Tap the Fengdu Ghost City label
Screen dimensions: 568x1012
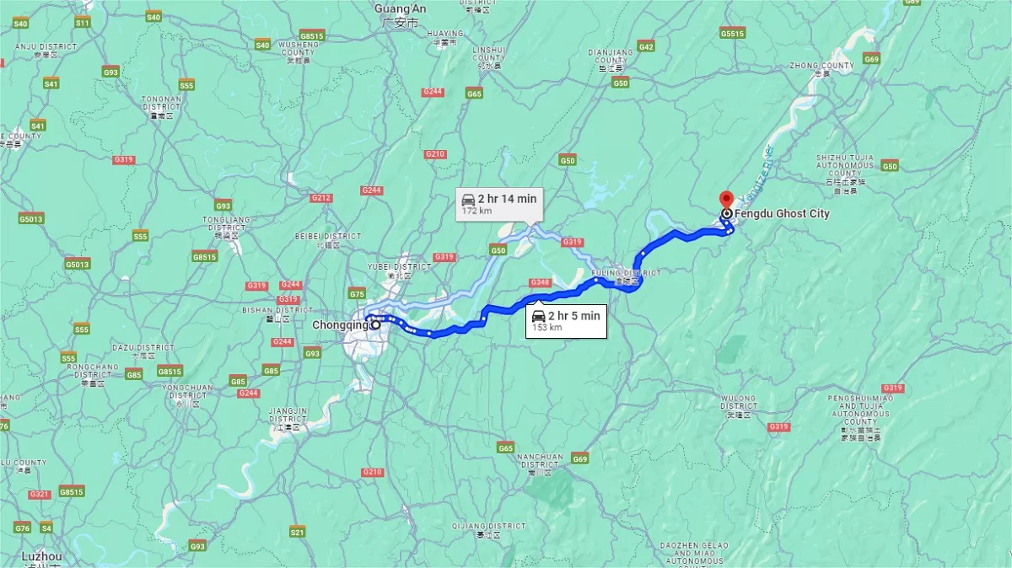[x=782, y=214]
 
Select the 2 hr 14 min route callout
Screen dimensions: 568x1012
[x=499, y=203]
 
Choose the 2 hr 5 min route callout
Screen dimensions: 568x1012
[x=566, y=320]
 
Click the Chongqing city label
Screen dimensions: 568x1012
[x=340, y=324]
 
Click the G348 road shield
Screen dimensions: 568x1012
[x=540, y=281]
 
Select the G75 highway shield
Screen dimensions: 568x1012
[x=357, y=294]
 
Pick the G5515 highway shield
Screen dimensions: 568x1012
[x=732, y=33]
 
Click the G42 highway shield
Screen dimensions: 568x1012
[x=646, y=46]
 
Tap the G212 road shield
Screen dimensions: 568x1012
[x=320, y=198]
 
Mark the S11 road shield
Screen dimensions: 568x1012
[x=82, y=23]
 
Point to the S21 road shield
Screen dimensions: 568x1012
[x=297, y=532]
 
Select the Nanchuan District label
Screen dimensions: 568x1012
[x=540, y=461]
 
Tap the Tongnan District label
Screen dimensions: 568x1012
[x=161, y=104]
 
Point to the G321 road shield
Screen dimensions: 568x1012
[x=40, y=494]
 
